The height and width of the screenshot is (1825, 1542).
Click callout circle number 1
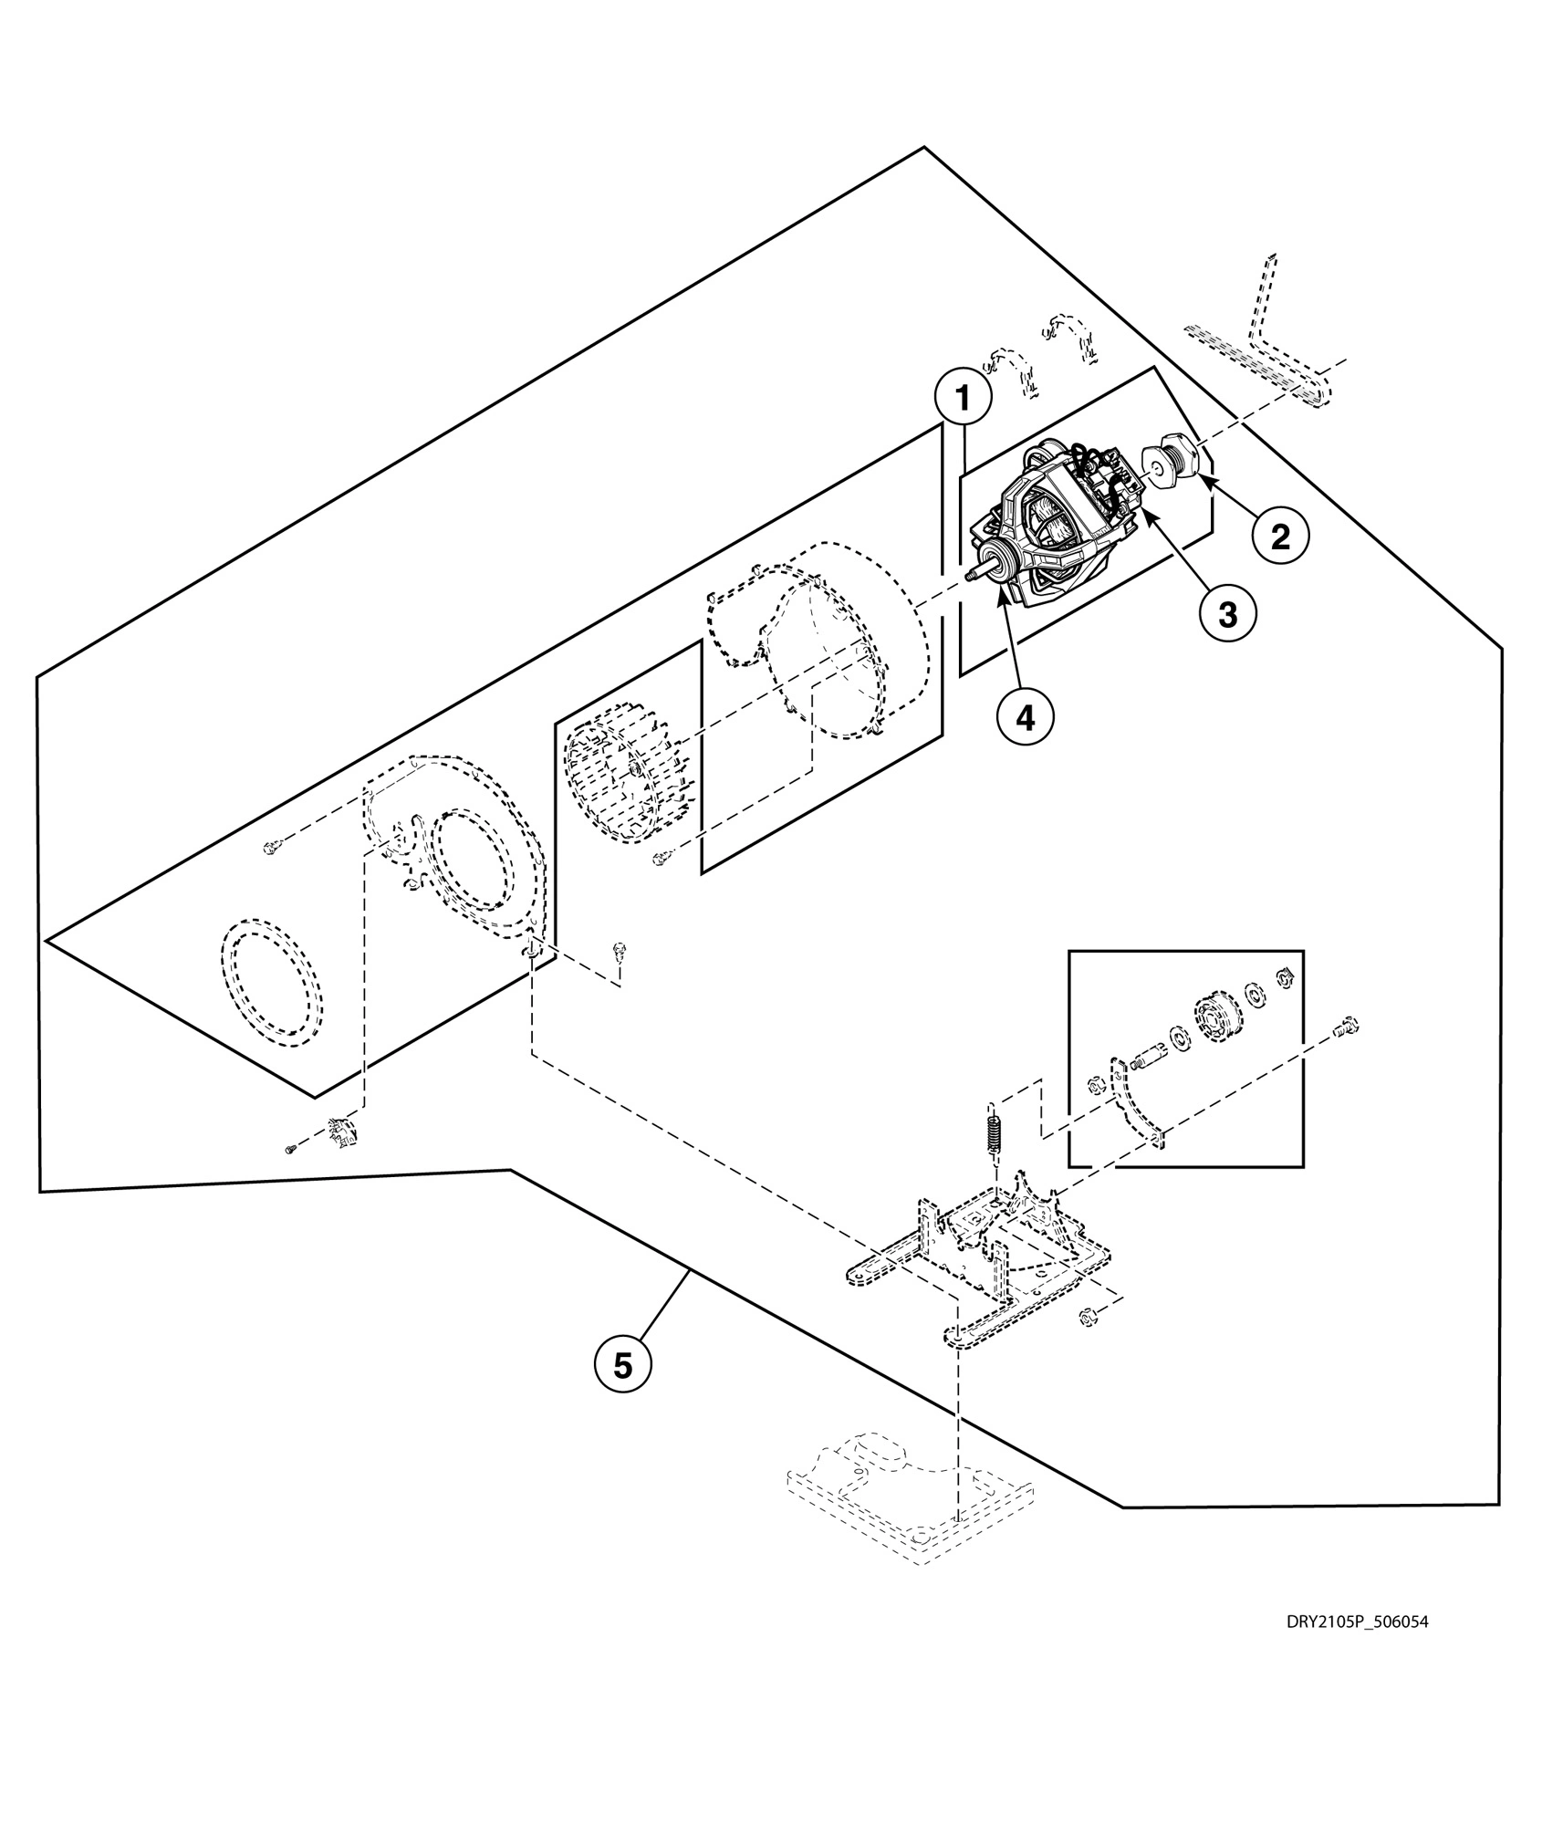961,400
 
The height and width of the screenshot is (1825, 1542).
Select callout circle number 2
1280,537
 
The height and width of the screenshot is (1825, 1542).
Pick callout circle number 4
1025,718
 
